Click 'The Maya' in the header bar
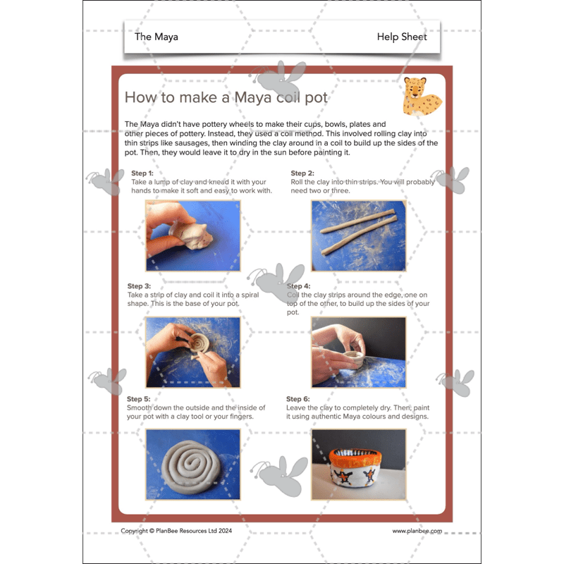click(156, 37)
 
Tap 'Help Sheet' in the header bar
click(401, 37)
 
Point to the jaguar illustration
click(421, 97)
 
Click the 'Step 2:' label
click(302, 173)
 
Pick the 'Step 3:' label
click(139, 286)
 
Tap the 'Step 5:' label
click(139, 399)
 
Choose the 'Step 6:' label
click(298, 399)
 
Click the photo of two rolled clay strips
click(358, 236)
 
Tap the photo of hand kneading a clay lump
click(193, 236)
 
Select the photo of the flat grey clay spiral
click(193, 465)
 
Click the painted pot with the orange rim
click(358, 465)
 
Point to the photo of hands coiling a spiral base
click(193, 351)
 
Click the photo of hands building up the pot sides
click(358, 351)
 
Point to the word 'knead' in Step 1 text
click(219, 182)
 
